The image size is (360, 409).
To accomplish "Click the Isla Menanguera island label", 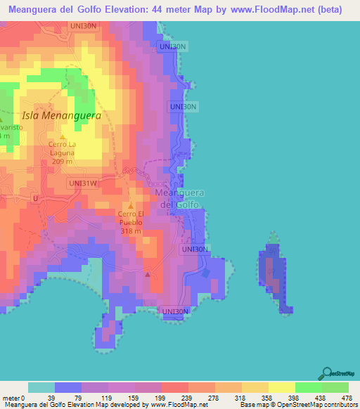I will (62, 115).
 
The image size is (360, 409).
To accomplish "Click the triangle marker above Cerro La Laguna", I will (63, 137).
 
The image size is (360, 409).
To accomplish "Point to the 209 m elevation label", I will (62, 162).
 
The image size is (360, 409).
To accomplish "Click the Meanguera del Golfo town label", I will (178, 198).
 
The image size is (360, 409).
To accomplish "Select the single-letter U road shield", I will (35, 199).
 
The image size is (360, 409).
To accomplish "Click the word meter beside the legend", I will (11, 397).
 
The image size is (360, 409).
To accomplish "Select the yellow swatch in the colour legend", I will (282, 387).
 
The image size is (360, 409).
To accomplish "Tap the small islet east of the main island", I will (274, 273).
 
